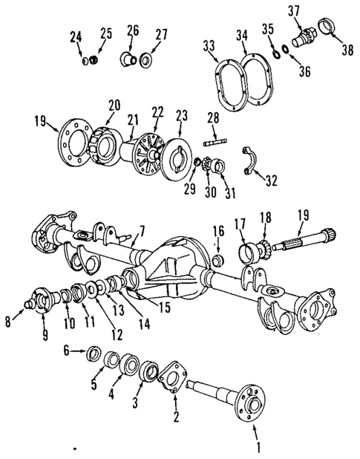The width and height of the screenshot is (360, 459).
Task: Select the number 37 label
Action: (x=295, y=10)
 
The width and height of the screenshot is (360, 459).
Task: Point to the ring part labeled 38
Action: (x=327, y=32)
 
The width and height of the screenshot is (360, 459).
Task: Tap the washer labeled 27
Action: (x=145, y=59)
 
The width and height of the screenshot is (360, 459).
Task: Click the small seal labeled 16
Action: (x=219, y=261)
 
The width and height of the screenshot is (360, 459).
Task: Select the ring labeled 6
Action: (x=95, y=352)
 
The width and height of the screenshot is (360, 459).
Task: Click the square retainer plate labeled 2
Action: (x=174, y=377)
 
